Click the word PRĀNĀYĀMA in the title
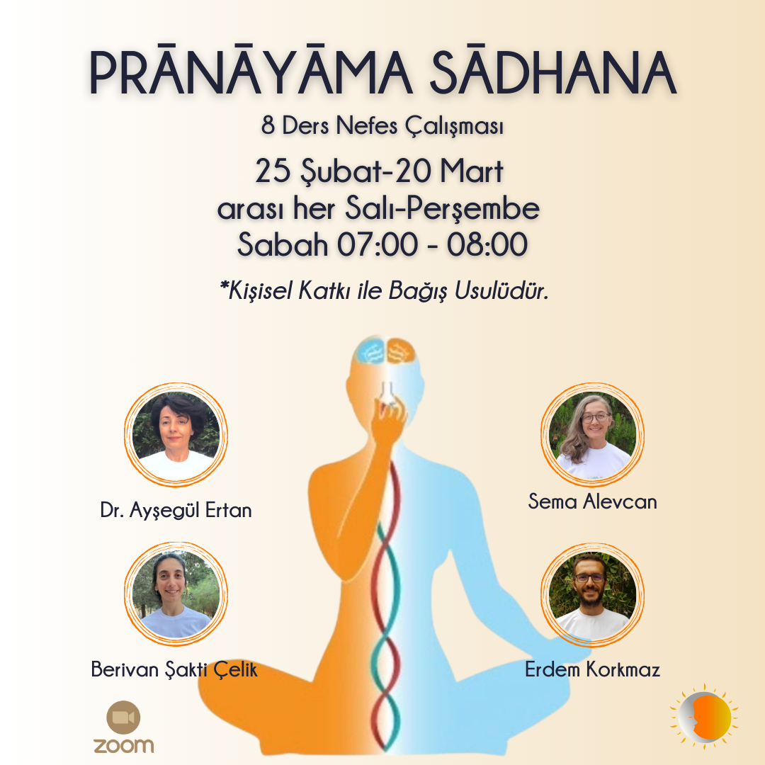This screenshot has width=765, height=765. tap(251, 72)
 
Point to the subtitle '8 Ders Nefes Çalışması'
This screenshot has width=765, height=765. tap(382, 126)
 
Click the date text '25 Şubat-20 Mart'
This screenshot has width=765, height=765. tap(379, 171)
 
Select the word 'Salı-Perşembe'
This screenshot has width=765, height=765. tap(442, 209)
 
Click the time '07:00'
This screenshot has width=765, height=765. tap(377, 244)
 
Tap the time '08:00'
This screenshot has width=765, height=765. tap(487, 244)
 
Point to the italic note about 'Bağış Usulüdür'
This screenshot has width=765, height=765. tap(385, 291)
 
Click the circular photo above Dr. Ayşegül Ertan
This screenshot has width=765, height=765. tap(176, 434)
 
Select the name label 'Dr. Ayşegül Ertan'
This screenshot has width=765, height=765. tap(176, 510)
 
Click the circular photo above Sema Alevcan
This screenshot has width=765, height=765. tap(592, 434)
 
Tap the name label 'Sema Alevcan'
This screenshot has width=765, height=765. tap(592, 501)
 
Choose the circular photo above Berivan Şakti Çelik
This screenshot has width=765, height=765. tap(176, 594)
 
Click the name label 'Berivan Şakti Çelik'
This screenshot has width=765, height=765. tap(174, 669)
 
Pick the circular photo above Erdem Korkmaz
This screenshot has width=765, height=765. tap(592, 595)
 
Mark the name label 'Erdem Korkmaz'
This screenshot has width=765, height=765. tap(592, 669)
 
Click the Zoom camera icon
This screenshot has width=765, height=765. tap(123, 717)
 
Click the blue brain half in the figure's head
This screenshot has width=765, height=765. tap(371, 351)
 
